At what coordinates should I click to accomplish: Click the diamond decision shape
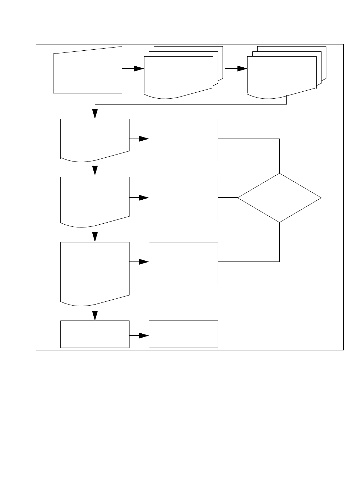pyautogui.click(x=279, y=198)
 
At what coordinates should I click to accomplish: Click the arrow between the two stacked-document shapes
pyautogui.click(x=236, y=69)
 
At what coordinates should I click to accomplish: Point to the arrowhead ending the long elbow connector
pyautogui.click(x=95, y=114)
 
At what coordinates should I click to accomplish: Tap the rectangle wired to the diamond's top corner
pyautogui.click(x=183, y=140)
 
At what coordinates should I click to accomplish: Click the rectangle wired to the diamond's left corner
pyautogui.click(x=183, y=199)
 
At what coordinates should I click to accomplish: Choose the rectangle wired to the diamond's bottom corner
pyautogui.click(x=183, y=263)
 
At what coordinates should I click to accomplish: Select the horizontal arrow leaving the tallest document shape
pyautogui.click(x=139, y=262)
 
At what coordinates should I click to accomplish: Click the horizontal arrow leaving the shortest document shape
pyautogui.click(x=139, y=139)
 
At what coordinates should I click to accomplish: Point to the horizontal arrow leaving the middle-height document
pyautogui.click(x=139, y=198)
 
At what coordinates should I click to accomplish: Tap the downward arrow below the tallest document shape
pyautogui.click(x=95, y=314)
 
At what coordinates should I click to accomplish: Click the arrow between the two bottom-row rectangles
pyautogui.click(x=139, y=336)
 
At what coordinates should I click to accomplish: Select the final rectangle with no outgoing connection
pyautogui.click(x=183, y=334)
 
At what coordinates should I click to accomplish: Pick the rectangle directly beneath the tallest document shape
pyautogui.click(x=95, y=334)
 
